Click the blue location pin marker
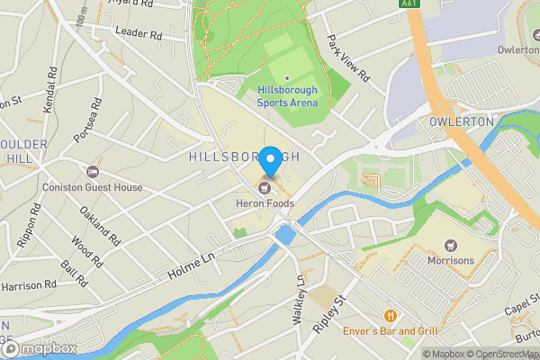coord(269,160)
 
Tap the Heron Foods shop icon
coord(265,188)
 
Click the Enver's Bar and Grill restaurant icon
coord(391,316)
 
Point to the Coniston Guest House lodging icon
coord(92,172)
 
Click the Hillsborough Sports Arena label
coord(288,96)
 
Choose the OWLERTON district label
coord(462,121)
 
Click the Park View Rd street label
coord(348,59)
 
